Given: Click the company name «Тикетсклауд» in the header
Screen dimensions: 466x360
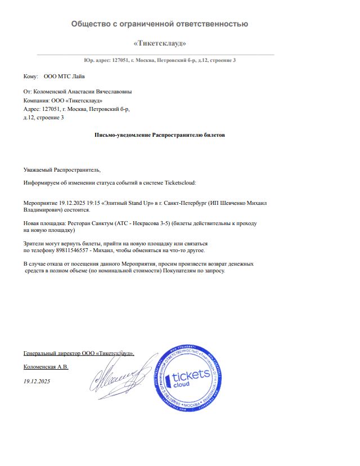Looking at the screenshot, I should (x=160, y=43).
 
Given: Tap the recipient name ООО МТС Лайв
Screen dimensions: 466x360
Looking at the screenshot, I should (x=65, y=76).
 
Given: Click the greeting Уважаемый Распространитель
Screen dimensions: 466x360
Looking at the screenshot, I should (x=62, y=169).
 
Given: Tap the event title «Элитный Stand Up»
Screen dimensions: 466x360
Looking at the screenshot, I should (x=127, y=201).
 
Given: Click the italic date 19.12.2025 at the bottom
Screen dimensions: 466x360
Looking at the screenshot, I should (x=37, y=382).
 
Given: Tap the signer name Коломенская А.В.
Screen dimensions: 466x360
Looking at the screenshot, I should (x=46, y=367).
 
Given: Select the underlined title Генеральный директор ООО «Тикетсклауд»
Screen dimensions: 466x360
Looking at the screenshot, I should (x=79, y=353).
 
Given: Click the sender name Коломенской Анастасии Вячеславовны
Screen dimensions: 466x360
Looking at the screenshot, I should (x=84, y=91).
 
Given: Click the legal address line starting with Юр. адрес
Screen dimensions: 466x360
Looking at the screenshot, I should (x=160, y=60).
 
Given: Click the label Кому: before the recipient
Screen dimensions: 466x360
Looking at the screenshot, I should (x=30, y=76).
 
